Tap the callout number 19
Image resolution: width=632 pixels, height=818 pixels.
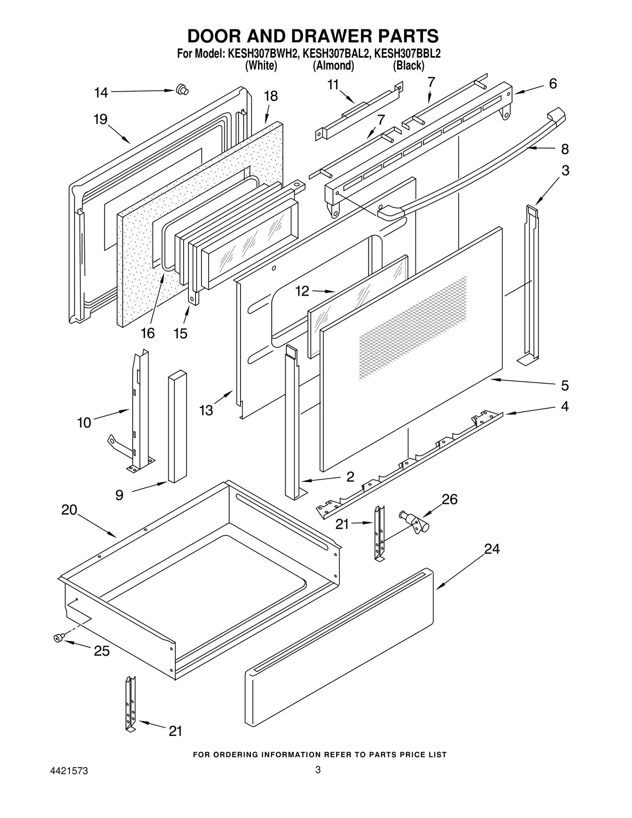101,119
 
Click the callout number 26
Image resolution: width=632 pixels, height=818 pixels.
449,499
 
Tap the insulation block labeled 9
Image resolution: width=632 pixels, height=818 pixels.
177,427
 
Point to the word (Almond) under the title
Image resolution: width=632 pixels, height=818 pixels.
333,66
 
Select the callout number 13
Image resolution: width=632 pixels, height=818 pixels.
206,410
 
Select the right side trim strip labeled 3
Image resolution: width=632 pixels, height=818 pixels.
530,282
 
